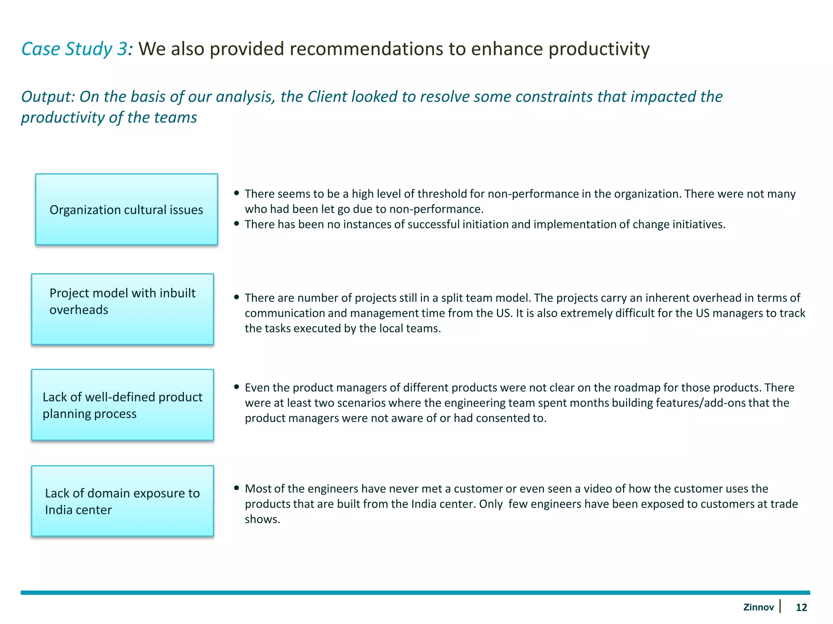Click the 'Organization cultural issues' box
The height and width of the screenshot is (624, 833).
(126, 210)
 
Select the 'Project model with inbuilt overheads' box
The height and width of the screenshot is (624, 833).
(122, 309)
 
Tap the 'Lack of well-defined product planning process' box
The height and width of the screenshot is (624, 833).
(122, 405)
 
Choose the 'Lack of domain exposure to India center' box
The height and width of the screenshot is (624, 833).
(122, 501)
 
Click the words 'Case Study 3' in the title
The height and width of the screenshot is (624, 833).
(75, 49)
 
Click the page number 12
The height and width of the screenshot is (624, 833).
(801, 607)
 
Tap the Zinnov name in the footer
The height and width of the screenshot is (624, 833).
(758, 607)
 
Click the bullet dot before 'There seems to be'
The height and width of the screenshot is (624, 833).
(236, 193)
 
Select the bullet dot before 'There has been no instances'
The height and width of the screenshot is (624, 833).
(236, 224)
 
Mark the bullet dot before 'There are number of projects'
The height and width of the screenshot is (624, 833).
(236, 297)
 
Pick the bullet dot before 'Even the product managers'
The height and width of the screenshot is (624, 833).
(236, 387)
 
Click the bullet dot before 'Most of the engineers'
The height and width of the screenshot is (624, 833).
(236, 488)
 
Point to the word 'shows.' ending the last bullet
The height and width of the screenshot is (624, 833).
(262, 519)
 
